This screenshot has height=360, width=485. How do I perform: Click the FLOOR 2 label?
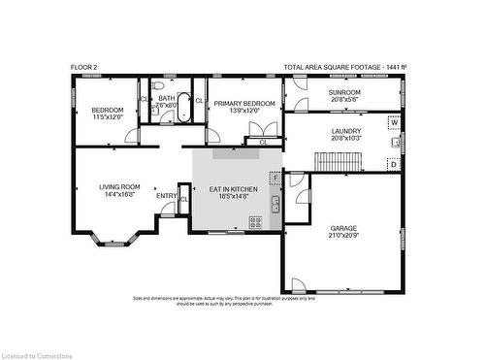83,67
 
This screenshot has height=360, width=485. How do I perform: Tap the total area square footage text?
344,67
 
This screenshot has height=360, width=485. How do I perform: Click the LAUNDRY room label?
345,131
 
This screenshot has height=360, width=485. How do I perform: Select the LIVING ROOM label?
119,187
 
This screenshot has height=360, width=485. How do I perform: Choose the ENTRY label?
167,197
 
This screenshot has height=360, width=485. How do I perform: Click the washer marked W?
394,123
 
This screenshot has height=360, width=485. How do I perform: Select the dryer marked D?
394,164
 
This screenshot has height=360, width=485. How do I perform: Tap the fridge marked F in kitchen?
275,179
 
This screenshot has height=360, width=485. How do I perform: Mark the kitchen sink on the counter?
275,204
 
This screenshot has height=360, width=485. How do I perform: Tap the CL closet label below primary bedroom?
264,143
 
